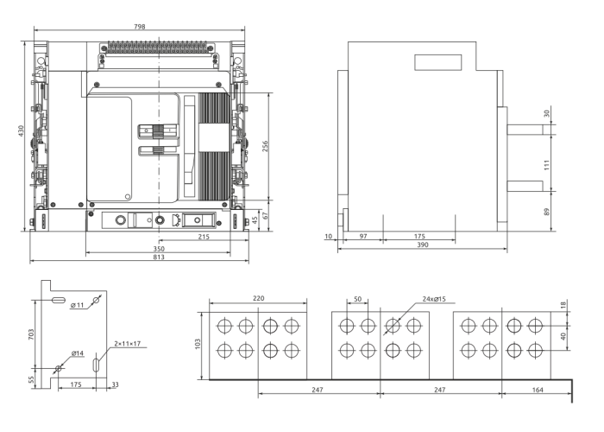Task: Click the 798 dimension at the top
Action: coord(140,27)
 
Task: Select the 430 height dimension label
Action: coord(22,130)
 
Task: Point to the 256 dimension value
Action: coord(265,146)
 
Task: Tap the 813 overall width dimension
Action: coord(159,257)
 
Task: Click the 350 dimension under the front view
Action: coord(159,249)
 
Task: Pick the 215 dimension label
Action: coord(204,237)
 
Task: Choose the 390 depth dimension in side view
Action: coord(423,245)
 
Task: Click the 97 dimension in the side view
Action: coord(363,236)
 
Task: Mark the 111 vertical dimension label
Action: coord(547,165)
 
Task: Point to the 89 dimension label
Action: coord(547,212)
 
